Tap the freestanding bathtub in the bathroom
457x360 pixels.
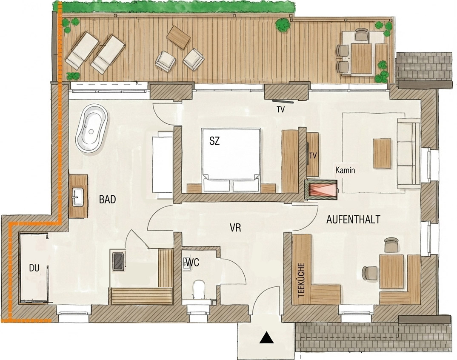(91, 129)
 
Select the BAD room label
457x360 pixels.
(108, 200)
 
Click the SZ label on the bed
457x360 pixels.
(214, 141)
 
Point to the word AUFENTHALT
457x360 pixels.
(353, 220)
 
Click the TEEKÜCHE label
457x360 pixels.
(301, 280)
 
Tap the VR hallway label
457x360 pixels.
(235, 228)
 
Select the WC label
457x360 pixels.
(193, 263)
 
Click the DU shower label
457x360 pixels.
(34, 268)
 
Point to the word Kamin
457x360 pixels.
(346, 170)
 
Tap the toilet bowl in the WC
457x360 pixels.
(200, 289)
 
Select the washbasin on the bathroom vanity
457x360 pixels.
(78, 197)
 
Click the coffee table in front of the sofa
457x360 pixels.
(382, 153)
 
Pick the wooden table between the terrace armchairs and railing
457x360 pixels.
(178, 37)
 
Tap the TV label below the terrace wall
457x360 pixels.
(281, 110)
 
